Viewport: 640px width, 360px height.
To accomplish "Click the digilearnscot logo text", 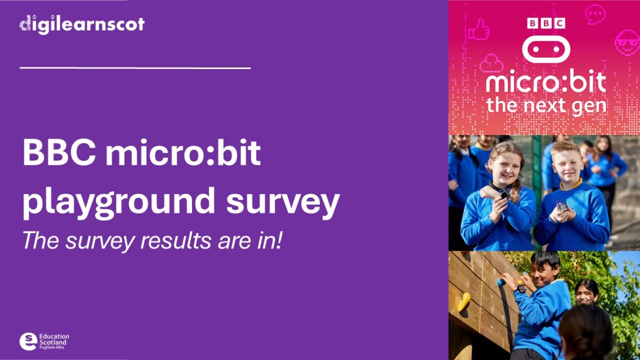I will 82,24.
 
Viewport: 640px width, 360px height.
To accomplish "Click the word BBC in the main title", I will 58,153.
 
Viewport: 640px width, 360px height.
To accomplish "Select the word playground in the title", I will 119,203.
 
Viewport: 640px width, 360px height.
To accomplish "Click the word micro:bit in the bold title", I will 183,153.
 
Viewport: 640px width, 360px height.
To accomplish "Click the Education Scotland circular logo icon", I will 28,341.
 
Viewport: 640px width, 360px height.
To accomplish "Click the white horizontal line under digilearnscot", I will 135,68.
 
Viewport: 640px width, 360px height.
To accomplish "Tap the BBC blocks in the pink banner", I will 546,23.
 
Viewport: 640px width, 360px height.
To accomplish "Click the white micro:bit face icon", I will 546,49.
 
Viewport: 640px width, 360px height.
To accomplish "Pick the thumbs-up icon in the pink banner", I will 478,30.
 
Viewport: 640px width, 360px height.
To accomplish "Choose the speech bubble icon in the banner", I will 595,14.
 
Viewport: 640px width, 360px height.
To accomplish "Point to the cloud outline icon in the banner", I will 491,64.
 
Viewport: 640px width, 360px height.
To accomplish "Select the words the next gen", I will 546,105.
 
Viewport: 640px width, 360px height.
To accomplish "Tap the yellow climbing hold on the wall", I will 464,302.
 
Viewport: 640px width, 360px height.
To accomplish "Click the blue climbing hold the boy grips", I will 501,282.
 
